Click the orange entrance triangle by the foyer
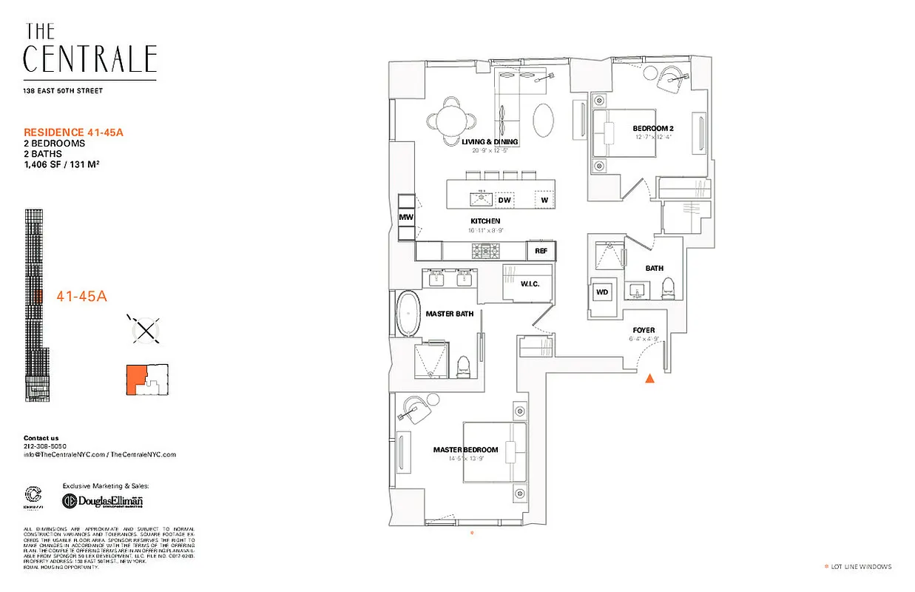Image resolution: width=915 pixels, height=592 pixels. coord(649,379)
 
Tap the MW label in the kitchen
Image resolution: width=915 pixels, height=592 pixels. coord(406,217)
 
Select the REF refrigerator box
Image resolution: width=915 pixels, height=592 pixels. coord(541,252)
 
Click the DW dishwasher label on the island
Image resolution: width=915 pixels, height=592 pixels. coord(504,200)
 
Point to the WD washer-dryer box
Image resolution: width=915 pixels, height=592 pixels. coord(602,292)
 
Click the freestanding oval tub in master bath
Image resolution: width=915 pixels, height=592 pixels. coord(408,315)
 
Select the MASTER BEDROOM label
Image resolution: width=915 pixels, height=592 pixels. coord(465,449)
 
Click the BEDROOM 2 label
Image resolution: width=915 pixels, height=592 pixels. coord(653,128)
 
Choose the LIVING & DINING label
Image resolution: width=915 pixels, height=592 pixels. coord(490,141)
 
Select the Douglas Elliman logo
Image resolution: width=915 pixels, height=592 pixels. coord(103,501)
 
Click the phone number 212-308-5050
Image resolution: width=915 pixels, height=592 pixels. coord(45,446)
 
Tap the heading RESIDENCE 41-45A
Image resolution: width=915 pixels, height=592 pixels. coord(72,132)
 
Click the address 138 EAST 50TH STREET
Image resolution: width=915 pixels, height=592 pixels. coord(63,91)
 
